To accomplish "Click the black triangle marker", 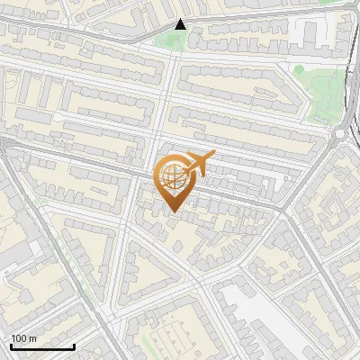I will (x=181, y=24).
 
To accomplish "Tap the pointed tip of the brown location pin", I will (x=175, y=211).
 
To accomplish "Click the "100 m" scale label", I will (x=23, y=337).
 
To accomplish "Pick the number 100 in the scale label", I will (x=18, y=337).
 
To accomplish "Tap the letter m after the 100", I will (x=32, y=337).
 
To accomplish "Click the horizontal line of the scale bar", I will (x=42, y=346).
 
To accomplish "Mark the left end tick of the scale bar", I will (x=11, y=345).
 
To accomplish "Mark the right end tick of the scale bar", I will (x=74, y=345).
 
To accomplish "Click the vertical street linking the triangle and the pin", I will (x=171, y=99).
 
